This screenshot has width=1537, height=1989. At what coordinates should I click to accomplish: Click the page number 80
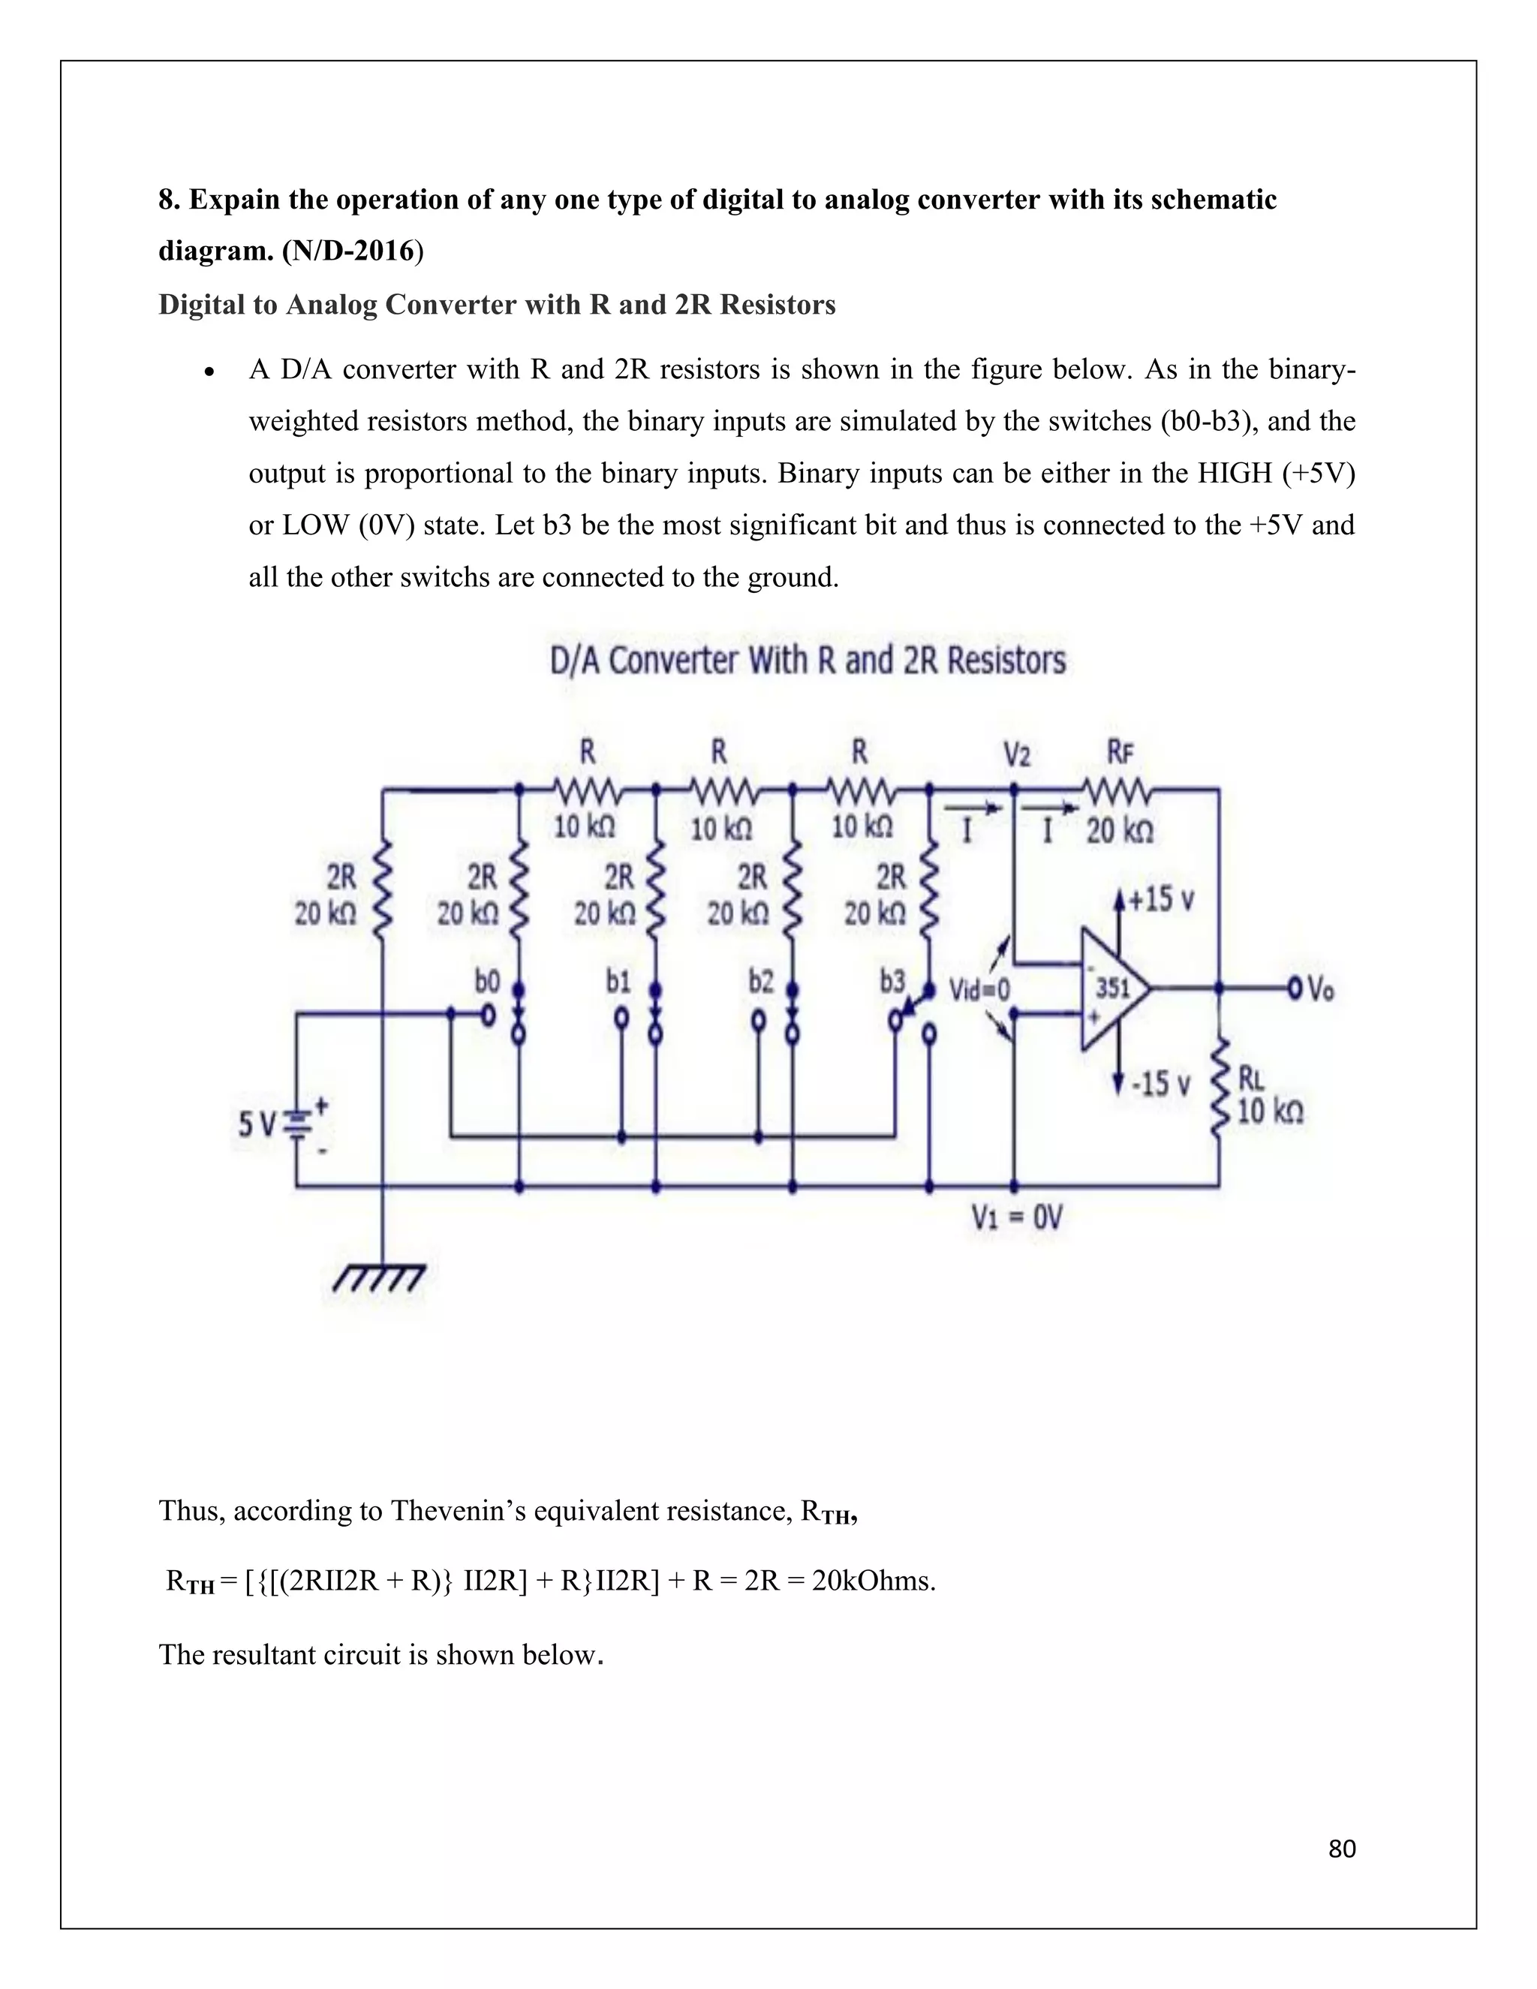click(1342, 1848)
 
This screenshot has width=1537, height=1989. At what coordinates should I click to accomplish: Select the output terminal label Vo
click(1320, 989)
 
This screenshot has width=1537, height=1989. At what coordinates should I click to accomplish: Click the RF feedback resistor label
click(1120, 752)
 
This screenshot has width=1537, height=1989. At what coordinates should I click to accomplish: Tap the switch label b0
click(487, 981)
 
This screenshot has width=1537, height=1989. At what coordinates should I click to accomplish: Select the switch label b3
click(892, 981)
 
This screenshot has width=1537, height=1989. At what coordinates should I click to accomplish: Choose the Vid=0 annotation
click(979, 989)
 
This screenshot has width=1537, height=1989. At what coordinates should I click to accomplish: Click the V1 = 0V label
click(1016, 1217)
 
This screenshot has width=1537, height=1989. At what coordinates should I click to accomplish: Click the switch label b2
click(761, 981)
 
